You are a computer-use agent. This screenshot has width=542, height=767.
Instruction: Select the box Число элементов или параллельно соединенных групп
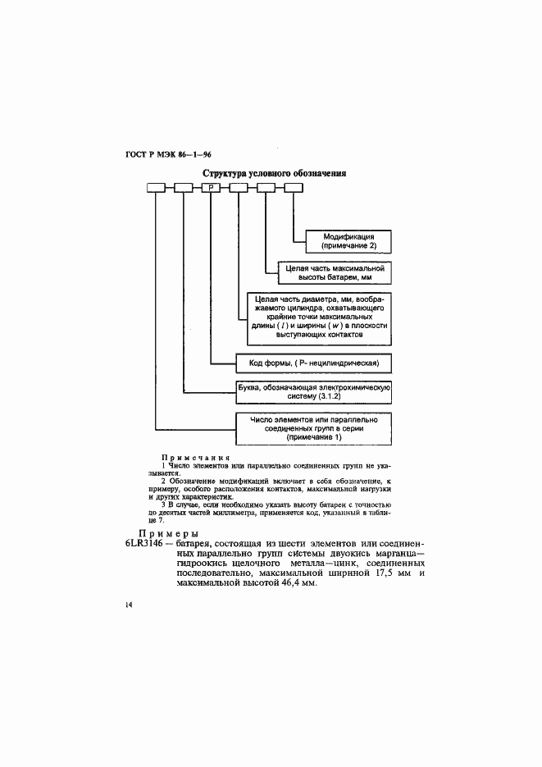click(x=314, y=427)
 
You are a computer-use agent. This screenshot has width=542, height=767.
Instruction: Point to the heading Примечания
click(x=196, y=457)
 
